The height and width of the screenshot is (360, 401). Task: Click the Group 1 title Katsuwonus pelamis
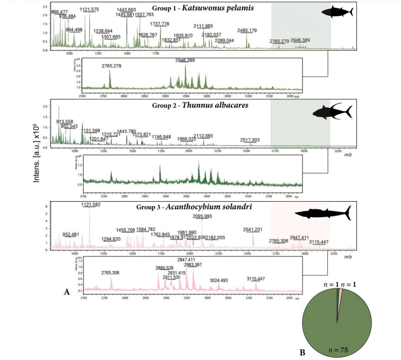tap(203, 8)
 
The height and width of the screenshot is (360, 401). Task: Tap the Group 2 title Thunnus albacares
tap(200, 105)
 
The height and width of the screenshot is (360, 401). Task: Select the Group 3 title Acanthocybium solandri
tap(194, 207)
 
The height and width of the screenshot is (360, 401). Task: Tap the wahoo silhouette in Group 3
tap(323, 213)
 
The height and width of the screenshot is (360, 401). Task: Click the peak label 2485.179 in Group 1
tap(247, 30)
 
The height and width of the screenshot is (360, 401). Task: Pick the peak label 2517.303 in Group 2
tap(250, 140)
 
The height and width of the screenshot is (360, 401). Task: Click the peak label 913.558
tap(65, 122)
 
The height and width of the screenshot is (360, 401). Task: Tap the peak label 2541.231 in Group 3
tap(253, 230)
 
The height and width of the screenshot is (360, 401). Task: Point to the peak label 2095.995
tap(202, 216)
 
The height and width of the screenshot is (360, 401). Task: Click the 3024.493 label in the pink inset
tap(219, 280)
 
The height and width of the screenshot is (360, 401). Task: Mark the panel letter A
tap(67, 292)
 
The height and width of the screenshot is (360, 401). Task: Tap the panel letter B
tap(302, 352)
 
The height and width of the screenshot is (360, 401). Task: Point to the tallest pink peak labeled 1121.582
tap(90, 226)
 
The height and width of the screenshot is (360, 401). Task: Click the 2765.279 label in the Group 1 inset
tap(112, 66)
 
